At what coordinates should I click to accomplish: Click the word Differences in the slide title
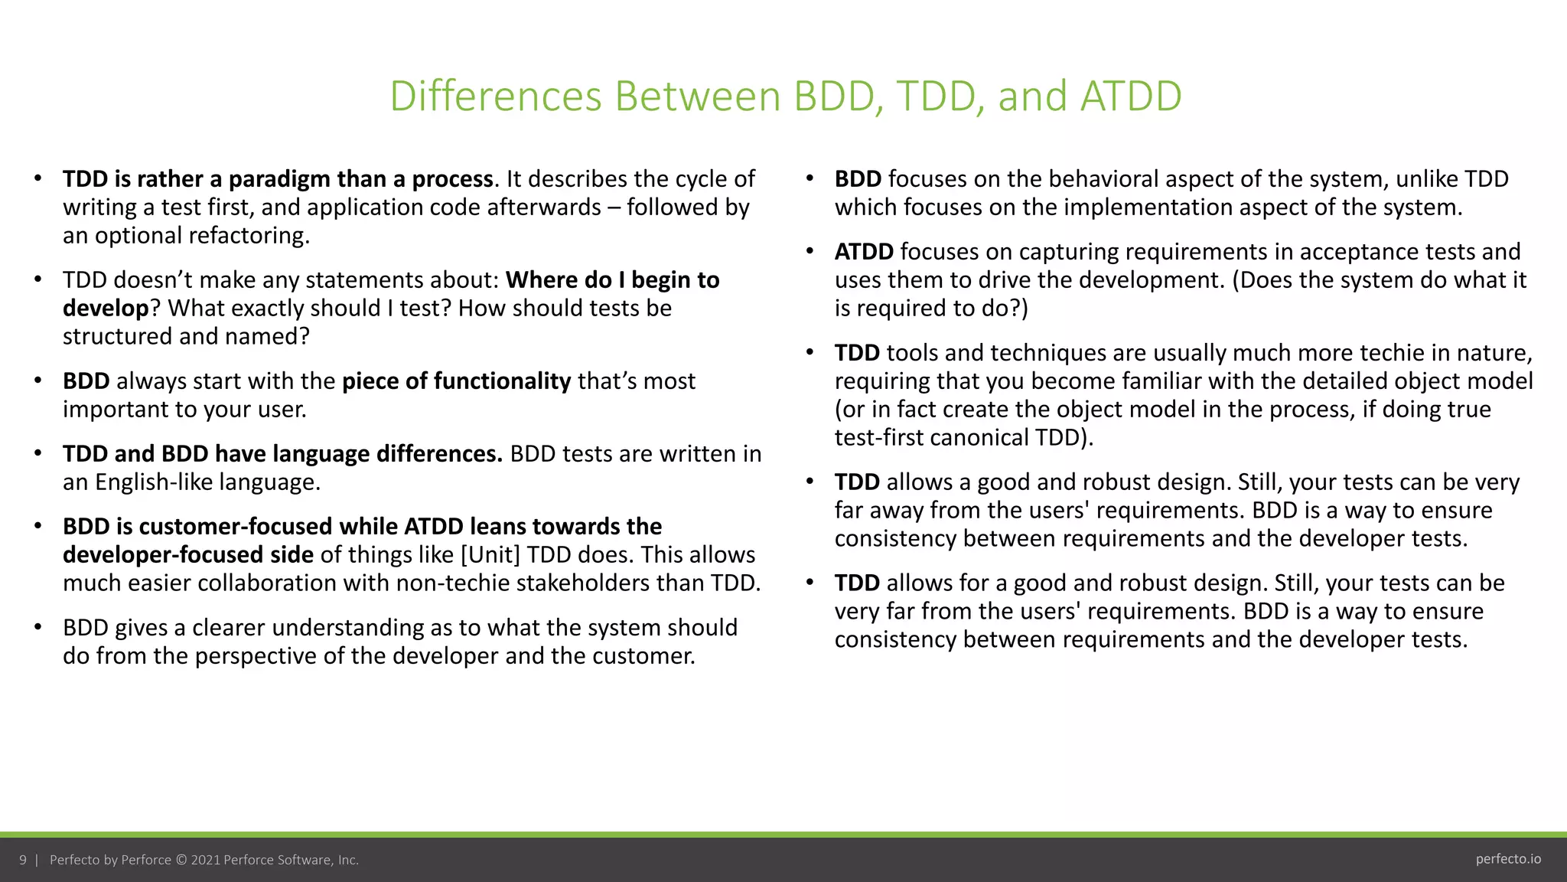[x=496, y=96]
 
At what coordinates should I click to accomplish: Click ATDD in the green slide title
[x=1131, y=96]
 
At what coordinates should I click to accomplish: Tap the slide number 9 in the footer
[x=23, y=860]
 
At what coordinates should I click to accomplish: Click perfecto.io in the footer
[x=1508, y=859]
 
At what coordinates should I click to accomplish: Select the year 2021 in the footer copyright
[x=205, y=860]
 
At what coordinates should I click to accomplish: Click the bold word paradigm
[x=279, y=179]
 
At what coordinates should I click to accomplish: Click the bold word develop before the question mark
[x=106, y=309]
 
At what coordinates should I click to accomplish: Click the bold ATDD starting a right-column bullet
[x=864, y=252]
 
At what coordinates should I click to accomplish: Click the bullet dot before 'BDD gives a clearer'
[x=37, y=628]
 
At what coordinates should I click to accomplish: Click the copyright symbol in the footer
[x=181, y=860]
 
